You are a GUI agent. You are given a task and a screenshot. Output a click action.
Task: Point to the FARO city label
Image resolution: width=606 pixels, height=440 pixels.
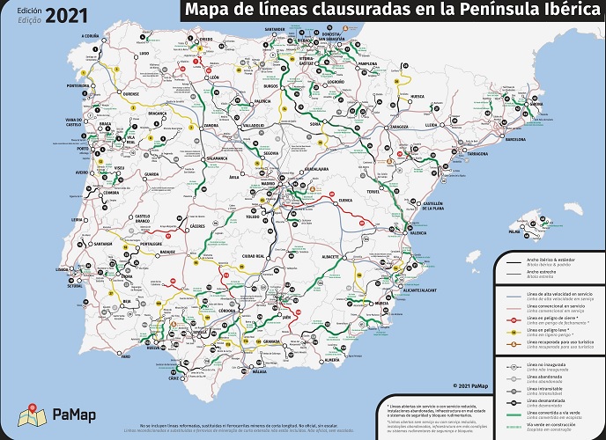pos(126,356)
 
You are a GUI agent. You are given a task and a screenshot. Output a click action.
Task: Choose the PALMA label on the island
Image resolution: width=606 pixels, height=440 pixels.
pos(514,233)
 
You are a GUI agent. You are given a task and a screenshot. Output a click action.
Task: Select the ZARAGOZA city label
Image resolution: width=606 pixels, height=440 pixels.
pos(399,126)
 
